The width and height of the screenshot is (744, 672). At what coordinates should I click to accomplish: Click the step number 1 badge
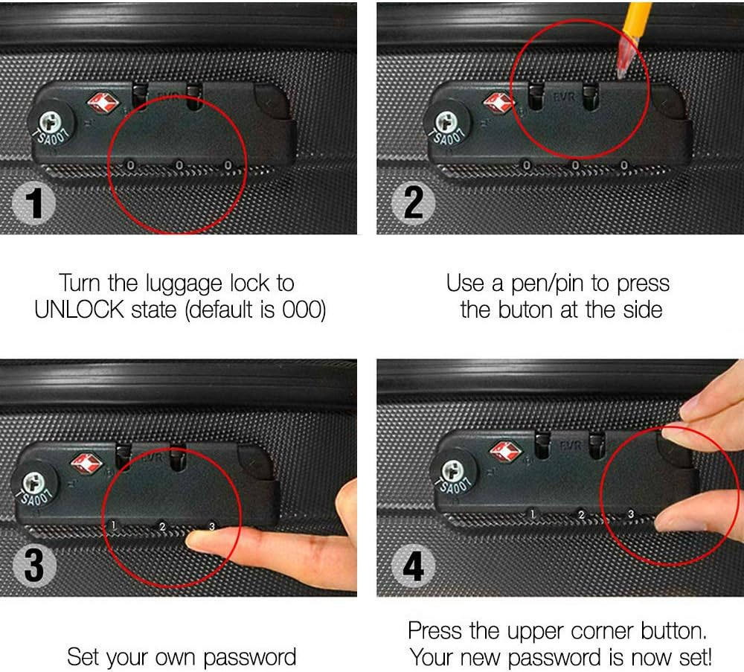[x=34, y=204]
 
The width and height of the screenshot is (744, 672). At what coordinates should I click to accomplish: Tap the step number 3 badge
[x=34, y=566]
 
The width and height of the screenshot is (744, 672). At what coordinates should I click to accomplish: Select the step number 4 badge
[x=412, y=566]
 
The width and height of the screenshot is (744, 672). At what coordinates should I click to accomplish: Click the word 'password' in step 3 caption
[x=249, y=657]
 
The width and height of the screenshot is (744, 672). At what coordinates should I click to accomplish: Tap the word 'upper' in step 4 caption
[x=542, y=632]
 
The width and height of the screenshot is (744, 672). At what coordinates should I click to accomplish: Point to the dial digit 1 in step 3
[x=113, y=525]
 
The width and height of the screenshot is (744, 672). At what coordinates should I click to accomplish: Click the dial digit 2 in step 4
[x=582, y=514]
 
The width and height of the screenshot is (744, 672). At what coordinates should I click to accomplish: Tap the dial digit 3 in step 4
[x=631, y=513]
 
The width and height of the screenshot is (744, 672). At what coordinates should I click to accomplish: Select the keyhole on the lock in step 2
[x=445, y=121]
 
